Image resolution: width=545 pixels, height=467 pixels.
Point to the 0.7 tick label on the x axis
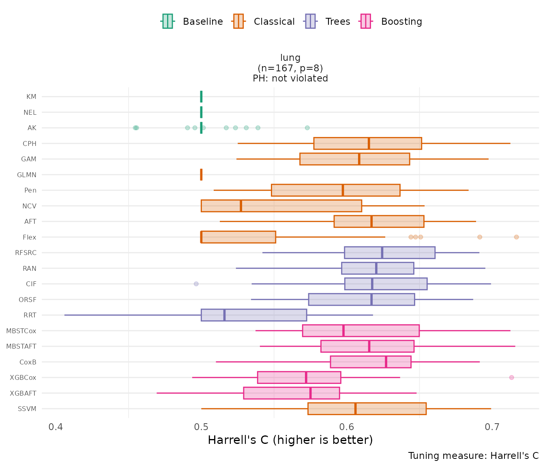(492, 427)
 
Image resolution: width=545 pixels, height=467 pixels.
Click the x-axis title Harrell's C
(290, 440)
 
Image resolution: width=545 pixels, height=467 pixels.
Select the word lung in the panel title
(290, 58)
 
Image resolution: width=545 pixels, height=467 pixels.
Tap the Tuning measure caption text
(473, 456)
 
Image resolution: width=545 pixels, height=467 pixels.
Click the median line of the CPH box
(369, 144)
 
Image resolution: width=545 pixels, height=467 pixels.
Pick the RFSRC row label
(26, 253)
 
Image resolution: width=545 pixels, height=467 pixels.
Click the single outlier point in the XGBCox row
(511, 377)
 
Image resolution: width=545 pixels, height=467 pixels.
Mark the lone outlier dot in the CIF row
(196, 284)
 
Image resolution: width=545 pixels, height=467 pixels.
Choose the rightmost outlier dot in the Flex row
(516, 237)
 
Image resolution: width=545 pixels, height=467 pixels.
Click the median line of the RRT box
(224, 315)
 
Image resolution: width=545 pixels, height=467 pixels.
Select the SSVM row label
(27, 409)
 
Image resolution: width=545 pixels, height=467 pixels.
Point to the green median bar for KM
(201, 96)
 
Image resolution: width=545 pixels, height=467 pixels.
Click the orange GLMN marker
(201, 175)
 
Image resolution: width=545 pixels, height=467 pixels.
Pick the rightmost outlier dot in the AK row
(307, 128)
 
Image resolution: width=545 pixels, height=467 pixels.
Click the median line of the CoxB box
(386, 362)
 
